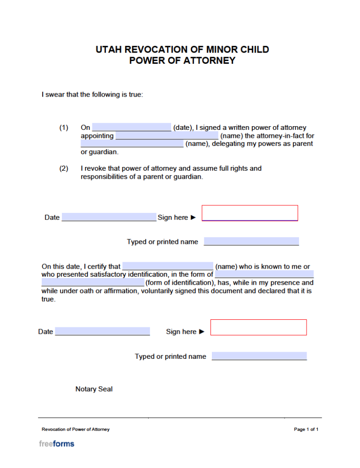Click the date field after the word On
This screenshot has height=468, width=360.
point(132,128)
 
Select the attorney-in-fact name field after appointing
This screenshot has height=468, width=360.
point(166,136)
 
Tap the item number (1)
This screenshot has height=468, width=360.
point(64,128)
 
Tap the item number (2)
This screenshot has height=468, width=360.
point(64,168)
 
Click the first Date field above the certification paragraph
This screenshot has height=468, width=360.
point(109,217)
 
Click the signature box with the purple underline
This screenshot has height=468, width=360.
point(250,213)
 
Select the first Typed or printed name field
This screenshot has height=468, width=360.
point(251,242)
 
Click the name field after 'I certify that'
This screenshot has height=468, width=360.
point(167,266)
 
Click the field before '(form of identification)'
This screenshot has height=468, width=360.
point(93,283)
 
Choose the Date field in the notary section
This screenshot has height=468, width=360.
point(102,332)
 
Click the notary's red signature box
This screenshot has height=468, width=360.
point(258,327)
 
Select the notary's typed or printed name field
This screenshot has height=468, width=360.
point(259,356)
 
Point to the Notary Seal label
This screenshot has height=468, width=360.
point(94,389)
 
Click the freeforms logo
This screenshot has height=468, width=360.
point(56,444)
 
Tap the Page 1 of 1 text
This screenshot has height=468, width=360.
point(306,429)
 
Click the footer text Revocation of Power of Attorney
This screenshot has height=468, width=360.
point(75,429)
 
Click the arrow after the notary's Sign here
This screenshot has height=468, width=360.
point(202,332)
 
